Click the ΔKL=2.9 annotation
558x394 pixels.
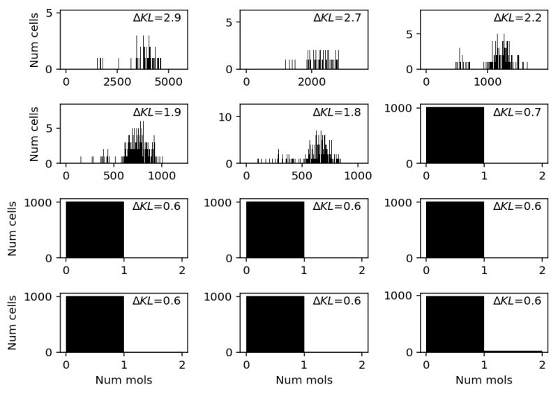[157, 17]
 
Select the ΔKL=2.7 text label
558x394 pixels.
[338, 17]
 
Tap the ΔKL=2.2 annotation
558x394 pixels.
[518, 17]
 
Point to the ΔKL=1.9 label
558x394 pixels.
[157, 112]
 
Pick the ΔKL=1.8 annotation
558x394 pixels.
[338, 112]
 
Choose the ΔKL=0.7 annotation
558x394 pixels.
[518, 112]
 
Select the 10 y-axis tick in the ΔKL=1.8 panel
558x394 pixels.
[234, 116]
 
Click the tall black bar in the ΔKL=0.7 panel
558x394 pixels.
[455, 135]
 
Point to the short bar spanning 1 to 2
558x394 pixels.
[513, 351]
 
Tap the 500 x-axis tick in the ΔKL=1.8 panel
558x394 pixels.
[302, 176]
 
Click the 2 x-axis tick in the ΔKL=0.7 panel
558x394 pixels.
[542, 176]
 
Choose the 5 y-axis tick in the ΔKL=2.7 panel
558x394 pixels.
[235, 22]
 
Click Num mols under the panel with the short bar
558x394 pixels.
[484, 380]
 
